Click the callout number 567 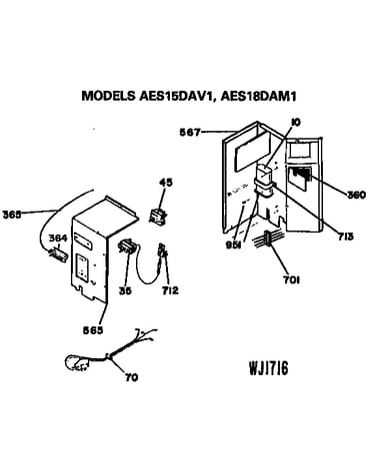tap(190, 133)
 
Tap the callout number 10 tap(295, 122)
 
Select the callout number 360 tap(356, 195)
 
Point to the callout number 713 tap(344, 237)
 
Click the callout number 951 tap(235, 245)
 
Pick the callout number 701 tap(291, 280)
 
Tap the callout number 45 tap(166, 183)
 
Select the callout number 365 tap(12, 215)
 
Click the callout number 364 tap(58, 238)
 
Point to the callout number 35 tap(125, 290)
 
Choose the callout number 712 tap(170, 290)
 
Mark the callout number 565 tap(93, 330)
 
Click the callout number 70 tap(131, 377)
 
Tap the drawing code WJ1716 tap(269, 368)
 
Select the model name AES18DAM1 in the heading tap(258, 96)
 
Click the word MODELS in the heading tap(108, 96)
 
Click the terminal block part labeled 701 tap(268, 238)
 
